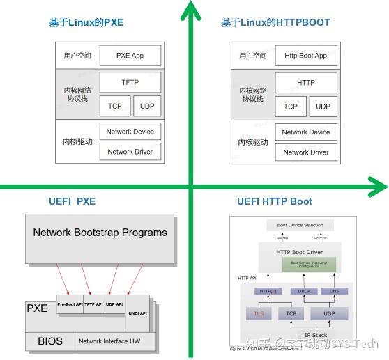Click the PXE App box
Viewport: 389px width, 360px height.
(130, 56)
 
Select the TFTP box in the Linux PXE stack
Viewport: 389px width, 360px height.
(130, 83)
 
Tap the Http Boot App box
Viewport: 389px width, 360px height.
(305, 56)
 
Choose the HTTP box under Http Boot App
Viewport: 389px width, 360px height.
(305, 83)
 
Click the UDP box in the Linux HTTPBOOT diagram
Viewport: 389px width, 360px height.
(323, 107)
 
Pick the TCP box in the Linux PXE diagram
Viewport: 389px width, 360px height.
(115, 107)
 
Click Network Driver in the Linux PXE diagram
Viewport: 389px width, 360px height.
(130, 152)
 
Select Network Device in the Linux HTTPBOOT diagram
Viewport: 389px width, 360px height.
(305, 132)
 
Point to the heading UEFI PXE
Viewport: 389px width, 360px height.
(68, 202)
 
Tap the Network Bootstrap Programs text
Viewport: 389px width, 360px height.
(100, 233)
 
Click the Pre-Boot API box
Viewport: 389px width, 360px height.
(70, 304)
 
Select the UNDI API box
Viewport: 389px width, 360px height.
(138, 313)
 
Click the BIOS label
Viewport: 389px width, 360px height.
(49, 341)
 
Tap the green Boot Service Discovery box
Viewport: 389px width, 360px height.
(308, 265)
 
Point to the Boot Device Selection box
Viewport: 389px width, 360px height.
(300, 225)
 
